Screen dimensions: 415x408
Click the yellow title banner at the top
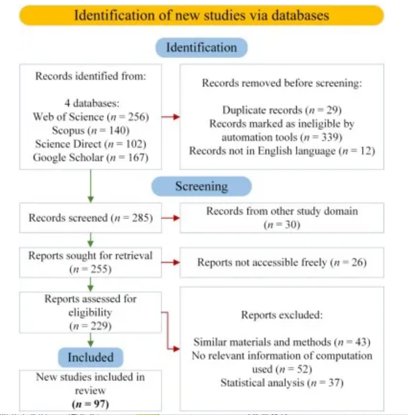click(x=201, y=16)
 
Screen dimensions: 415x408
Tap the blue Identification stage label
click(x=201, y=47)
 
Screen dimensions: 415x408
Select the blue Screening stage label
click(x=201, y=186)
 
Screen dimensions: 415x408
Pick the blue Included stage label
click(x=91, y=357)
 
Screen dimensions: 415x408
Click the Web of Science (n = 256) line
click(x=91, y=117)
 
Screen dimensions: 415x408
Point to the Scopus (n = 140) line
click(x=91, y=130)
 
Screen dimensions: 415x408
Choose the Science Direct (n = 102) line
click(x=91, y=144)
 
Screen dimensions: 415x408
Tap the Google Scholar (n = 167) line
click(x=91, y=158)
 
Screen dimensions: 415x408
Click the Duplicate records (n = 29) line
click(x=282, y=110)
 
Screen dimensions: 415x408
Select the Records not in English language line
click(x=282, y=151)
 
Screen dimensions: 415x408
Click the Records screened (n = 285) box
click(x=90, y=218)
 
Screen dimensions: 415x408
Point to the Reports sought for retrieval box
click(x=90, y=262)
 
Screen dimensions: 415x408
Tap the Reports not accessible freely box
click(x=282, y=262)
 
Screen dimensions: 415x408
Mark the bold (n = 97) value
click(x=90, y=404)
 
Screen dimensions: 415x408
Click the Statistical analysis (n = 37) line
click(x=282, y=383)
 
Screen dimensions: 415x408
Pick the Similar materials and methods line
click(x=282, y=342)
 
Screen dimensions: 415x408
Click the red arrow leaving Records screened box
click(x=170, y=218)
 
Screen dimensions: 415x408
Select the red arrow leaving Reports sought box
click(x=170, y=262)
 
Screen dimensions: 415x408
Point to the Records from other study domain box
click(x=282, y=218)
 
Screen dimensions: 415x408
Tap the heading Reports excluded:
click(x=282, y=315)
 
